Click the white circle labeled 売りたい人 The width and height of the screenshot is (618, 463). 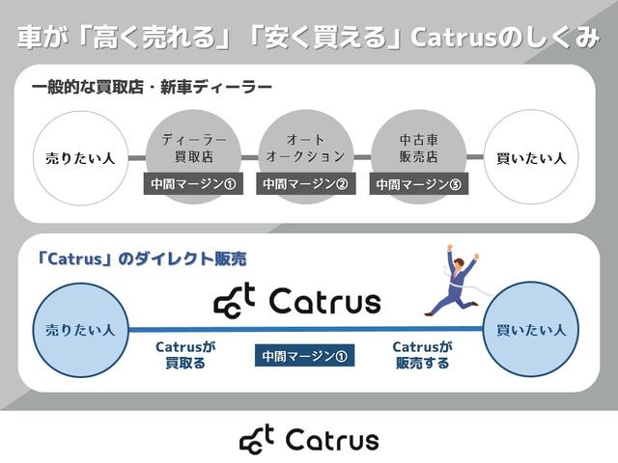(x=80, y=157)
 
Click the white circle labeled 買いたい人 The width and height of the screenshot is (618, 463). (x=530, y=157)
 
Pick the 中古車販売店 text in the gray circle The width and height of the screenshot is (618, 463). (x=419, y=148)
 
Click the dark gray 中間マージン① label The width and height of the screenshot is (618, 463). (x=191, y=183)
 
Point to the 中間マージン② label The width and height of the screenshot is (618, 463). (x=305, y=183)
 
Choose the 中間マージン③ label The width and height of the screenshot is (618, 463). (x=419, y=183)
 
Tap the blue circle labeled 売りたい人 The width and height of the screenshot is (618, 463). (x=80, y=330)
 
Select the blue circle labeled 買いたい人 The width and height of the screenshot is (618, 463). (x=530, y=330)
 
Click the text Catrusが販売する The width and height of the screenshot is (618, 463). (x=422, y=354)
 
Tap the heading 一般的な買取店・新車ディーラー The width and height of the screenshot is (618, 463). (x=152, y=88)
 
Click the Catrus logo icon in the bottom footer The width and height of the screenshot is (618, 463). (x=257, y=440)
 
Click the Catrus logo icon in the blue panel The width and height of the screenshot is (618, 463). (x=234, y=301)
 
